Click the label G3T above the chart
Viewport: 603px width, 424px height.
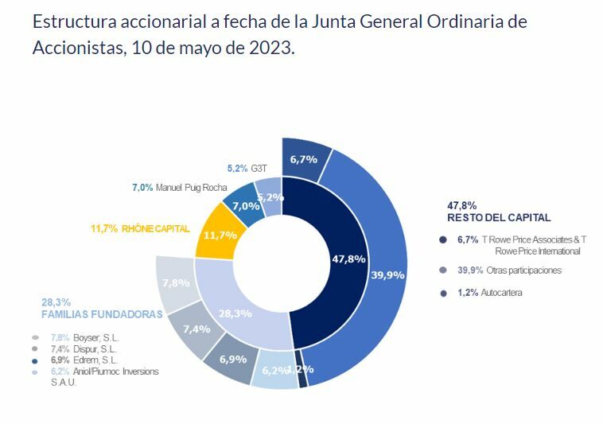tap(259, 169)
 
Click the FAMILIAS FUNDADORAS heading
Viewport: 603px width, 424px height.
tap(102, 314)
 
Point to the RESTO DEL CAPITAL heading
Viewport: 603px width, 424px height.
tap(499, 217)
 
